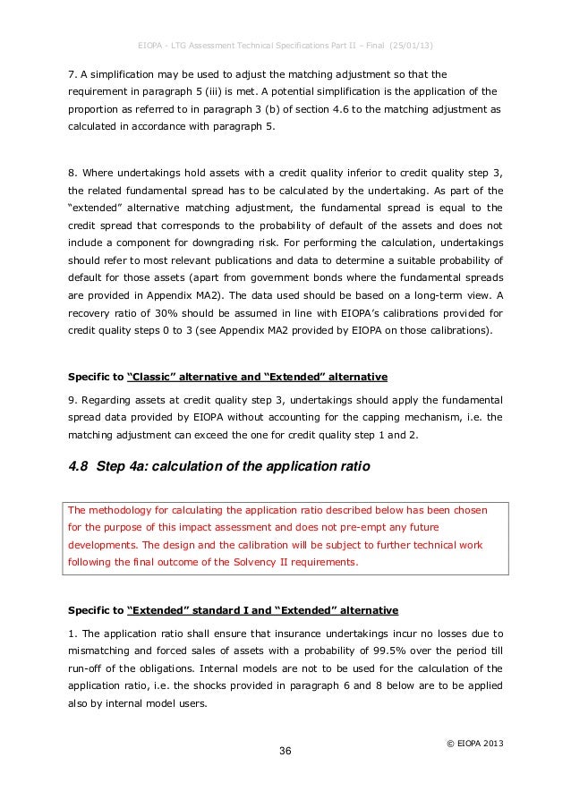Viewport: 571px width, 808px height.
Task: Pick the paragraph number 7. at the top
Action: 73,72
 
